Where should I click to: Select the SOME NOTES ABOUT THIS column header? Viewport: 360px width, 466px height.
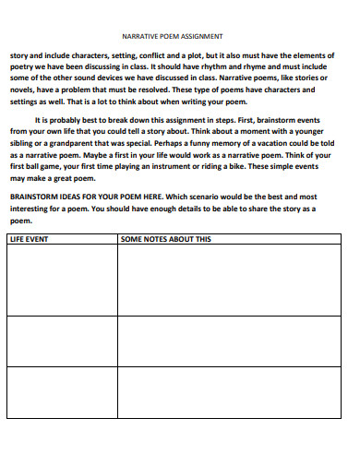pyautogui.click(x=166, y=238)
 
